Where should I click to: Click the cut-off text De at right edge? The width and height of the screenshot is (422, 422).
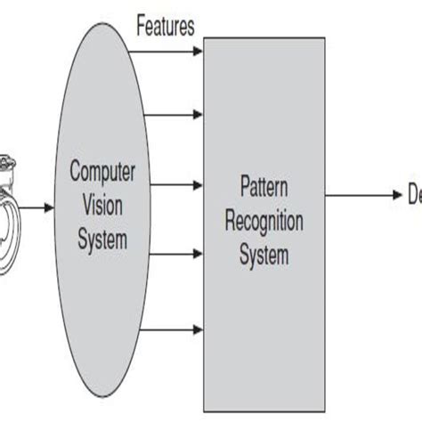click(414, 197)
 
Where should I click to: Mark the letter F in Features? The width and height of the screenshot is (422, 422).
click(141, 26)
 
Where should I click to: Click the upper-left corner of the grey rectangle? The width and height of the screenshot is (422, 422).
click(204, 37)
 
